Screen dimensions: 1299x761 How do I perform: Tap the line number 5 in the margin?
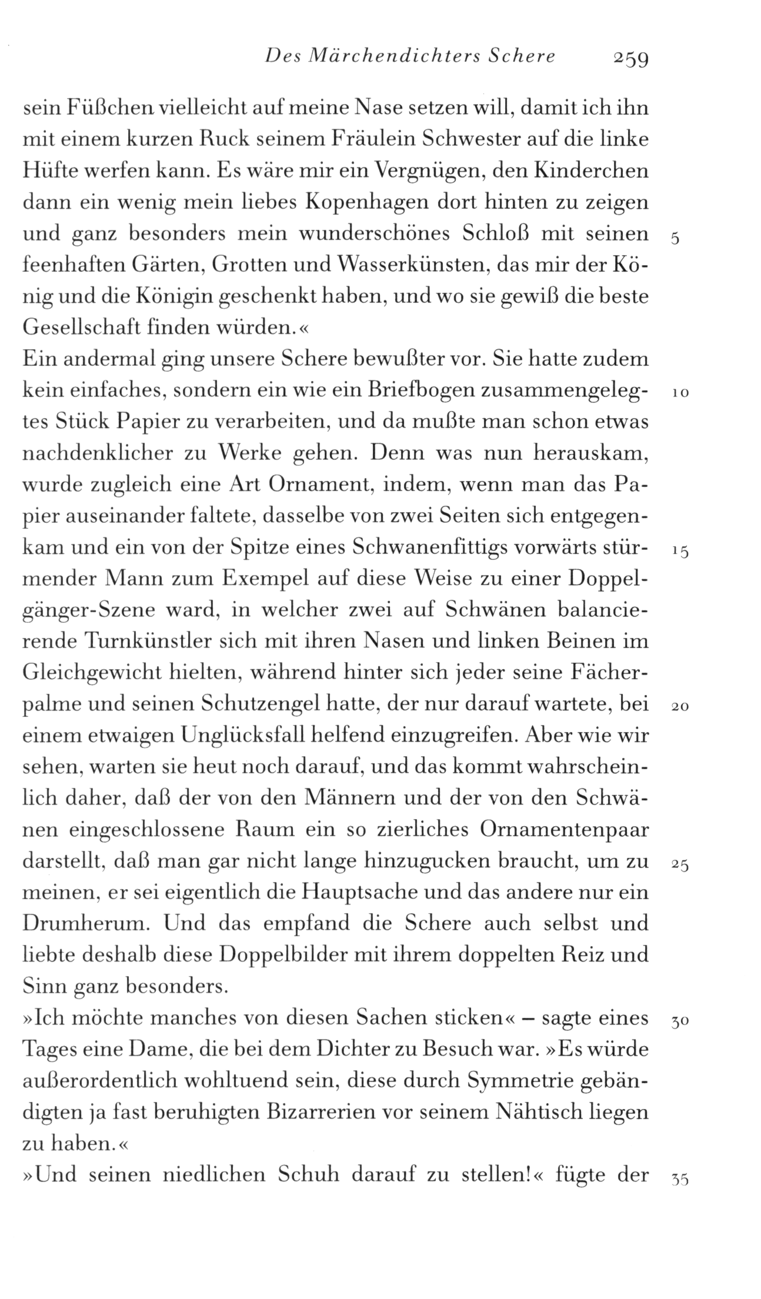coord(675,239)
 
